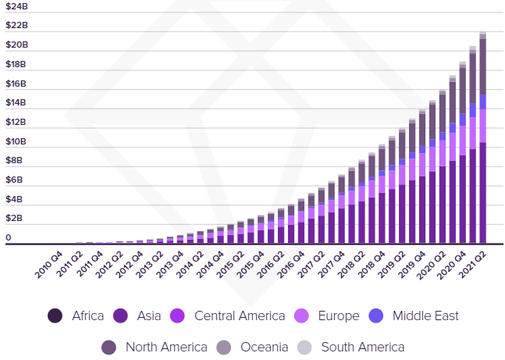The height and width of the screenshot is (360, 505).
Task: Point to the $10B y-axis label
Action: coord(16,141)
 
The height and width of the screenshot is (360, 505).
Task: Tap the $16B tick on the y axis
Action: coord(16,84)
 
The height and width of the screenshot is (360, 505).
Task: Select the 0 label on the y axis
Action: coord(9,238)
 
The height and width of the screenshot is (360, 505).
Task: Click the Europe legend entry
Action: coord(338,316)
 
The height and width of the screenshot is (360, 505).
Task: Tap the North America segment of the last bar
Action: coord(483,67)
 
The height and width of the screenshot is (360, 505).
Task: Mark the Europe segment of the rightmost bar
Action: coord(483,126)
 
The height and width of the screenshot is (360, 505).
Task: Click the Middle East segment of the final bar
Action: coord(483,102)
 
